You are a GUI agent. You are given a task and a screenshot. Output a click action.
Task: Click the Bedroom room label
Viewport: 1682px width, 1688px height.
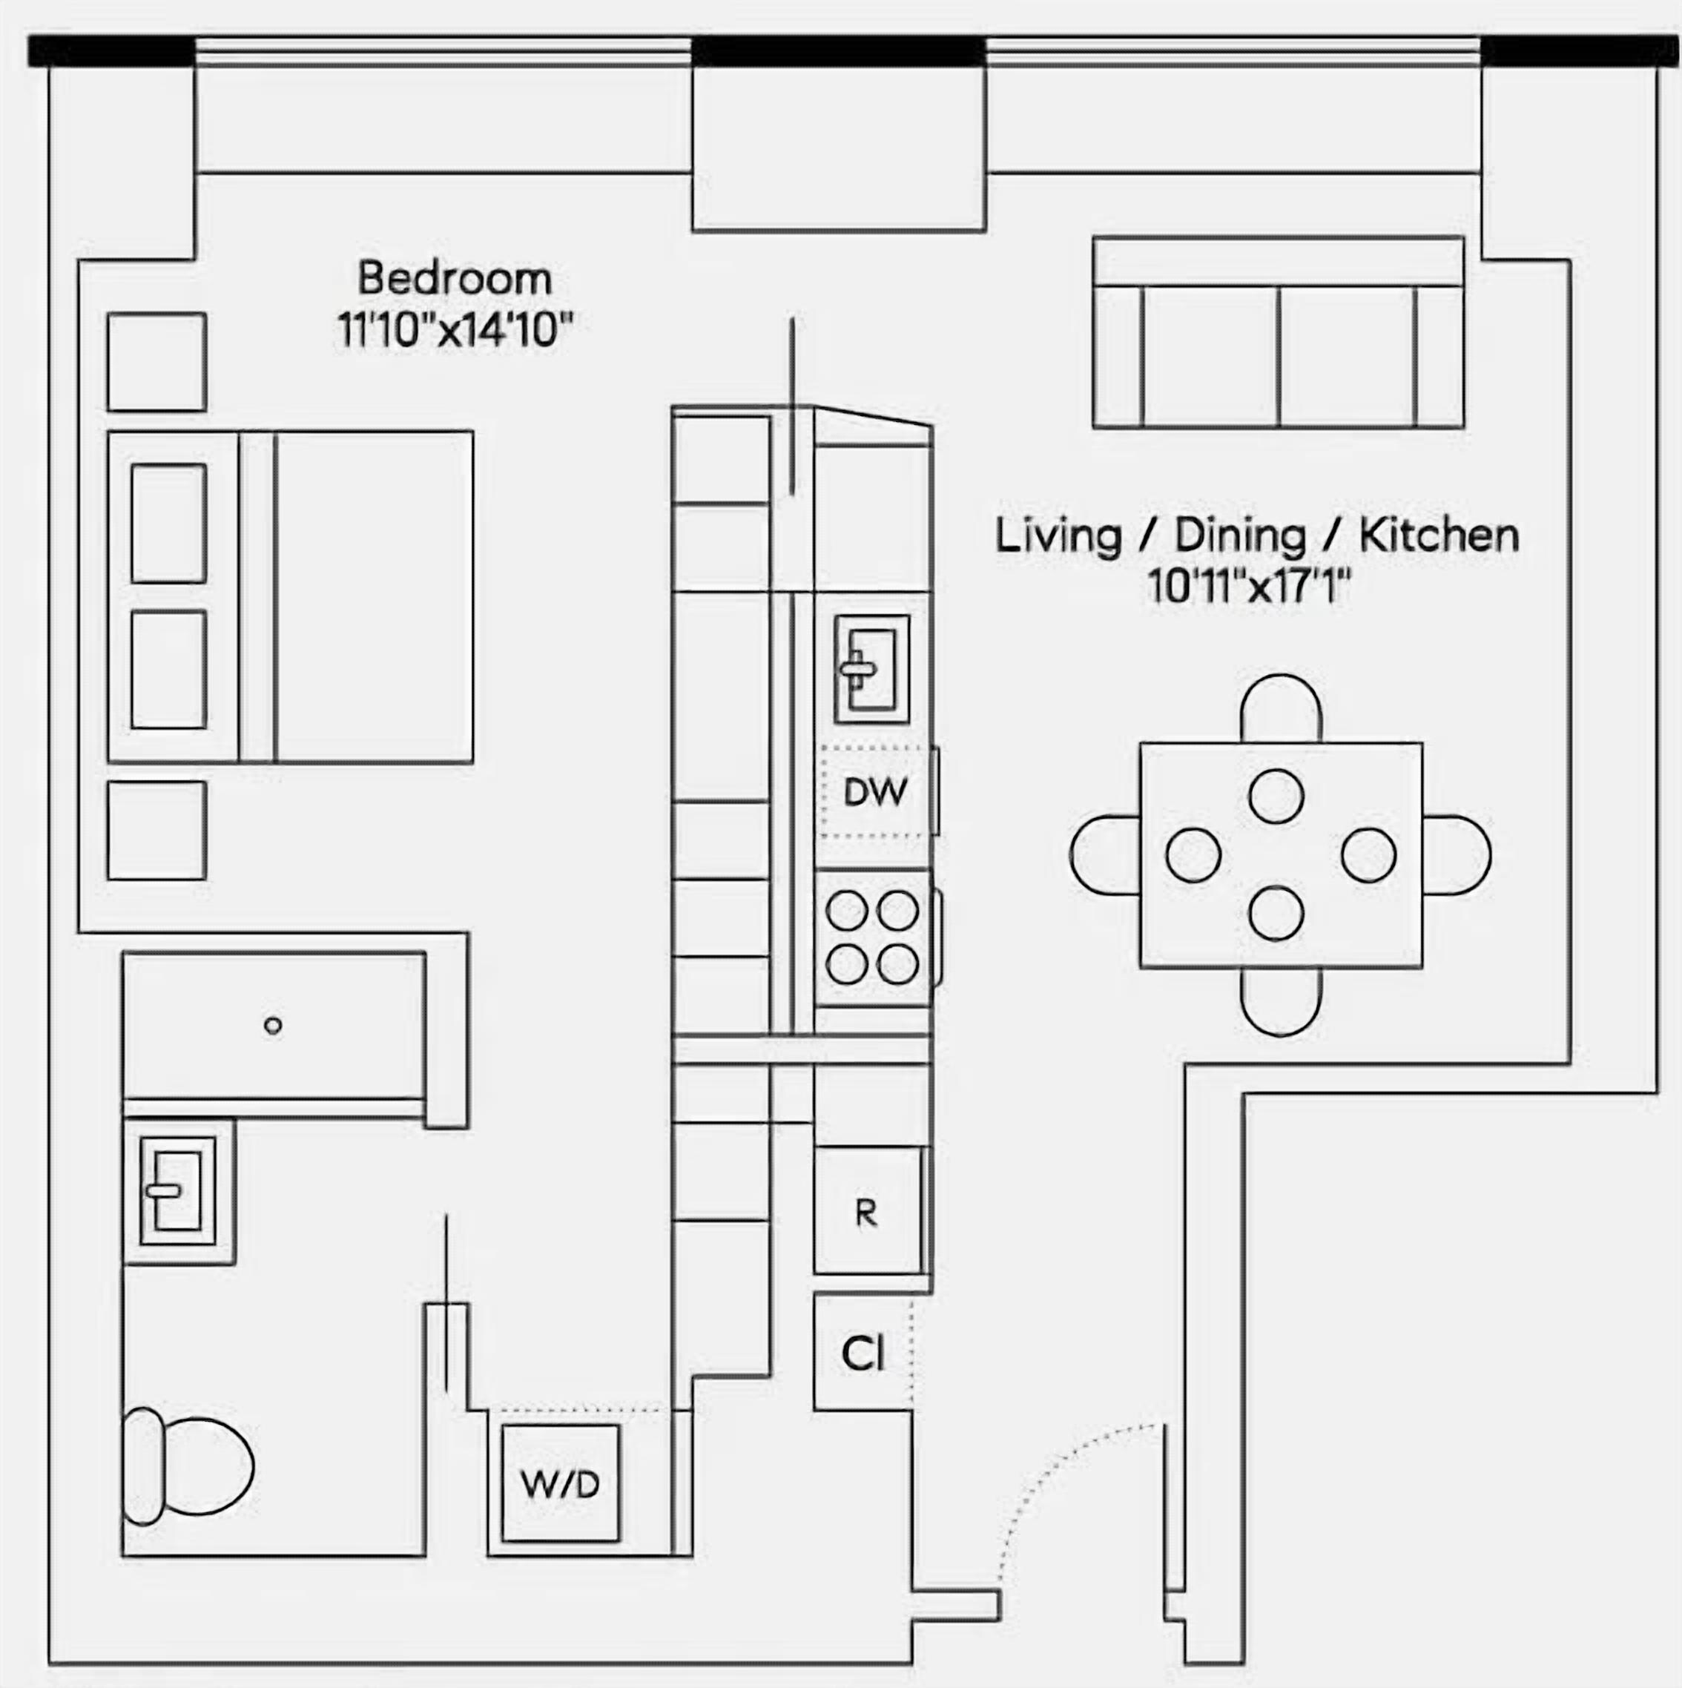455,279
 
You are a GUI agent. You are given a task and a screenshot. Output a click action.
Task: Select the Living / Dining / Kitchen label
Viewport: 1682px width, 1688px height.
1257,535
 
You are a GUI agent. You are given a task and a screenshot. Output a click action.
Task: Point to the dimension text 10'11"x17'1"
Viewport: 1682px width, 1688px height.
1250,586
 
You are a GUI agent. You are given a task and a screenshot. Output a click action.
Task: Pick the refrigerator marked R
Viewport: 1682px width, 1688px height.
868,1211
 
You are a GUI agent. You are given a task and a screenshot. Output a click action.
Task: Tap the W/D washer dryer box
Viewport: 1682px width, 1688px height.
561,1483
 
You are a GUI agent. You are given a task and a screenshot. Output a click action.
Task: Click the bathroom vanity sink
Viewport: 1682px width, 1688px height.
178,1191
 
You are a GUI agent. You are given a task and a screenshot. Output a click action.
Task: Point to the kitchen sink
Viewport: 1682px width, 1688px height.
872,669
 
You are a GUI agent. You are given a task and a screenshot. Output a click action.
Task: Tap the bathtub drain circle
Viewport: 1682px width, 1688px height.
273,1026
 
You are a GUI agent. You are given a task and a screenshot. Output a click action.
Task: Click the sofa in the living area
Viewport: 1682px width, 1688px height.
1279,332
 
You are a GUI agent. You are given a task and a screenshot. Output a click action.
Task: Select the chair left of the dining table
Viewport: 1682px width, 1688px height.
1104,855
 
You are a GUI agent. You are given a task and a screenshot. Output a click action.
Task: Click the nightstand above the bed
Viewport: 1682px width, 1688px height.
157,362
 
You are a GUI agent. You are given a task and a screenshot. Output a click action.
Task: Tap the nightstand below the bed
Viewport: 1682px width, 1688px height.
157,830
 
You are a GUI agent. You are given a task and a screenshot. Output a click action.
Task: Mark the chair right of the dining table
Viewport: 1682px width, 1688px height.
1457,855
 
